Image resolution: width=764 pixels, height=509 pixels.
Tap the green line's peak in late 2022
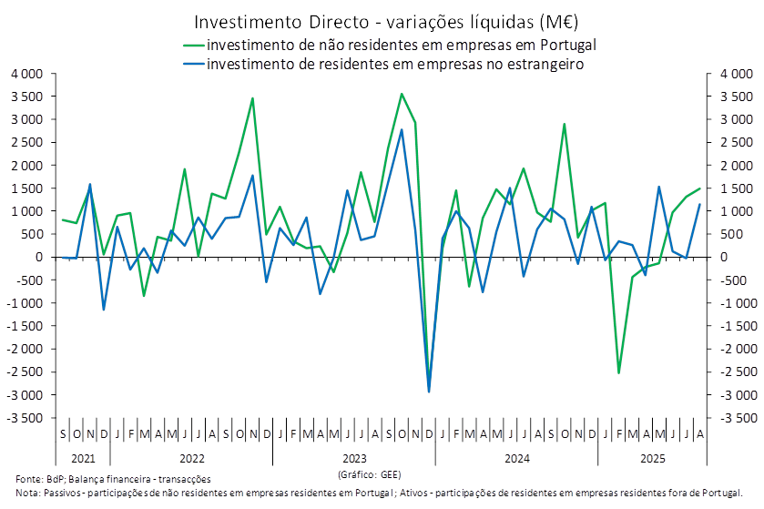(252, 97)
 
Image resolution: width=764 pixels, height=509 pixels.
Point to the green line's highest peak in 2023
(402, 93)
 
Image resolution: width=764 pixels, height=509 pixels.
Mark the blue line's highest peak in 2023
(402, 129)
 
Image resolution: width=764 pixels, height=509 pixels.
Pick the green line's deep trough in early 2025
(619, 372)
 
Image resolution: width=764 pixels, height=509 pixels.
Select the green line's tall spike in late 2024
(565, 124)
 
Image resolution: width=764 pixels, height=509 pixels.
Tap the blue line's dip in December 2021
(103, 310)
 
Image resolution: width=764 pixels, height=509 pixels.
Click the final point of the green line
(700, 188)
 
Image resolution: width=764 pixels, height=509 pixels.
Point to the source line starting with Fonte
(113, 478)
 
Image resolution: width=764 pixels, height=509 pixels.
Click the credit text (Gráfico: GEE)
(368, 474)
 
